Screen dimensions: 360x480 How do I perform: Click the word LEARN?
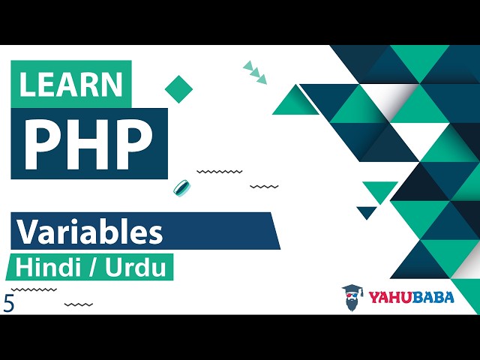[x=71, y=85]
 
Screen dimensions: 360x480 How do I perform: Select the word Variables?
[x=90, y=232]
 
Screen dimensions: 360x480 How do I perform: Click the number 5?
[x=9, y=304]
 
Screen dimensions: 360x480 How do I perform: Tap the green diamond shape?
[x=178, y=88]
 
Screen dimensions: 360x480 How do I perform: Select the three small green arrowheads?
[x=255, y=73]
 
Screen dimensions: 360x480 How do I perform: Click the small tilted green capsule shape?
[x=180, y=187]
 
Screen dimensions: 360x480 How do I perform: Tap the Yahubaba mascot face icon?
[x=352, y=298]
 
